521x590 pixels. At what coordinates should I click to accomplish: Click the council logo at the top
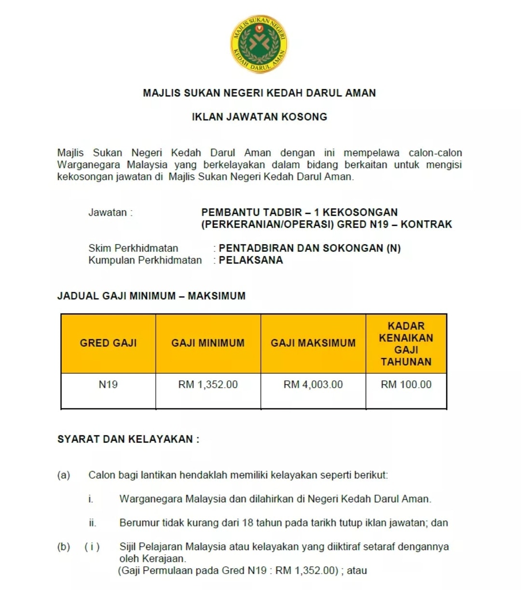[259, 44]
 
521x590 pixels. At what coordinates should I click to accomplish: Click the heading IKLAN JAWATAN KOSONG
[259, 117]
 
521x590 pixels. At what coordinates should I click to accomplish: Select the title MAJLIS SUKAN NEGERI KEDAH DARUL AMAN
[259, 93]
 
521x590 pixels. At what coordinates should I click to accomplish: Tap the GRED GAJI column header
[108, 343]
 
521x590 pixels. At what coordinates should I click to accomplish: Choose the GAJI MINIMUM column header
[208, 343]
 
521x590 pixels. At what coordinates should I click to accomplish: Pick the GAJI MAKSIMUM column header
[313, 343]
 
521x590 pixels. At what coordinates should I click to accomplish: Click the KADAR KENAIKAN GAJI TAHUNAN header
[406, 343]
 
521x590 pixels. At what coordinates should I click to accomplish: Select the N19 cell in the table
[108, 384]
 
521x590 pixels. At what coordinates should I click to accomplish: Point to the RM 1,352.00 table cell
[208, 384]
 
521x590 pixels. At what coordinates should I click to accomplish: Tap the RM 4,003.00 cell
[313, 384]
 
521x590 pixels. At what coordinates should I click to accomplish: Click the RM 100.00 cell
[406, 384]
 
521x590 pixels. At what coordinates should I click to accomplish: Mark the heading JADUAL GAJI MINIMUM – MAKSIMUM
[151, 296]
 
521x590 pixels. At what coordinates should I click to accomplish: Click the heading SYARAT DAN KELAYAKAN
[128, 439]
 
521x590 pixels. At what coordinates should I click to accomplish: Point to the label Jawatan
[110, 212]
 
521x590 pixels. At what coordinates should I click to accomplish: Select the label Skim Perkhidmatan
[133, 248]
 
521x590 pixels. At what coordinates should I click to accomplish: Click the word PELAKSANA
[251, 260]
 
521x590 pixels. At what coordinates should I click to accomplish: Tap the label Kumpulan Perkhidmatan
[145, 260]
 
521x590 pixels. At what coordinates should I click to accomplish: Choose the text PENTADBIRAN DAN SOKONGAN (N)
[310, 248]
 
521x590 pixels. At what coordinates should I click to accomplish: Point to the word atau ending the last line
[357, 570]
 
